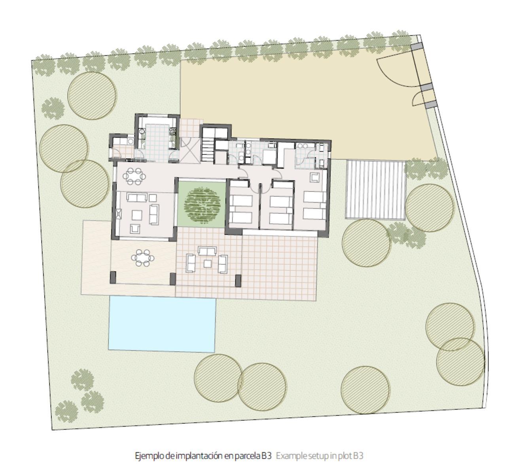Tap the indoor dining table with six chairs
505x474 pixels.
[134, 176]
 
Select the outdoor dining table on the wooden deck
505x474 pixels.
[143, 258]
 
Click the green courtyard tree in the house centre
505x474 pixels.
[202, 205]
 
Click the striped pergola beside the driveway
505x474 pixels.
[375, 190]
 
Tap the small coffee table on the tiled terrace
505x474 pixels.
[207, 263]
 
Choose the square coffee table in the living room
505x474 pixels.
[137, 215]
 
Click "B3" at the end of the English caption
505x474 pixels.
[358, 456]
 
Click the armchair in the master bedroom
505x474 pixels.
[314, 177]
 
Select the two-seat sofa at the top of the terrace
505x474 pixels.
[207, 251]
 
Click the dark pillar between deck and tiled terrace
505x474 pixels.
[172, 279]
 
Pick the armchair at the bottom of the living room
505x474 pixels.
[135, 228]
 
